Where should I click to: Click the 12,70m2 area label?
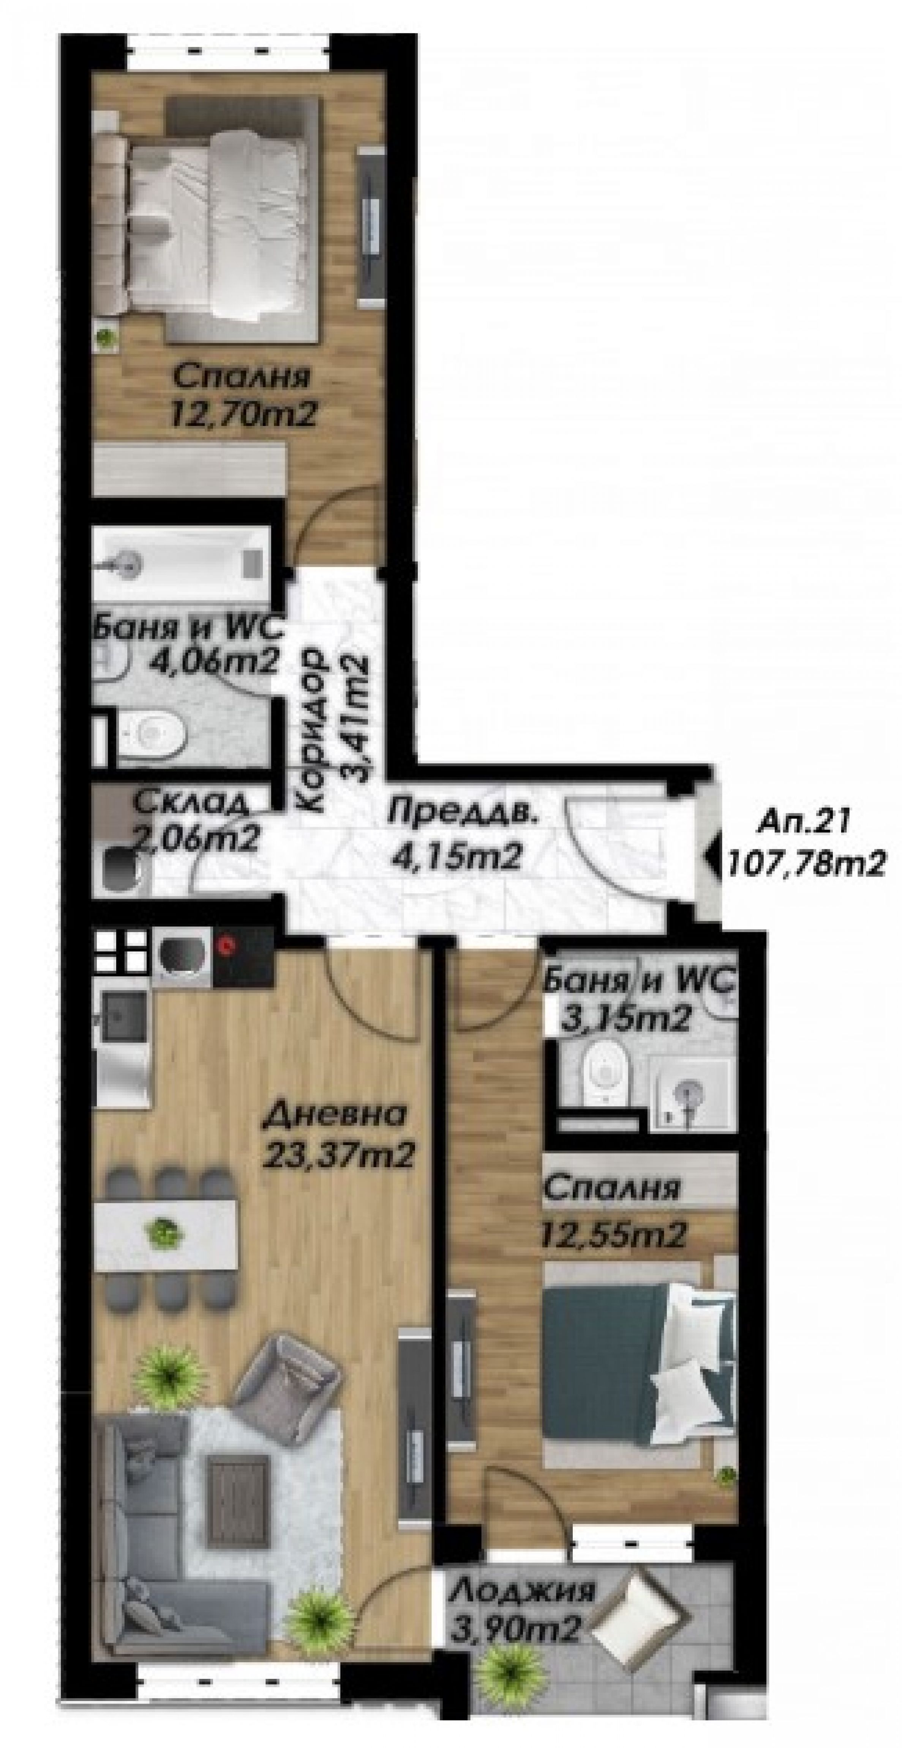[x=244, y=414]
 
